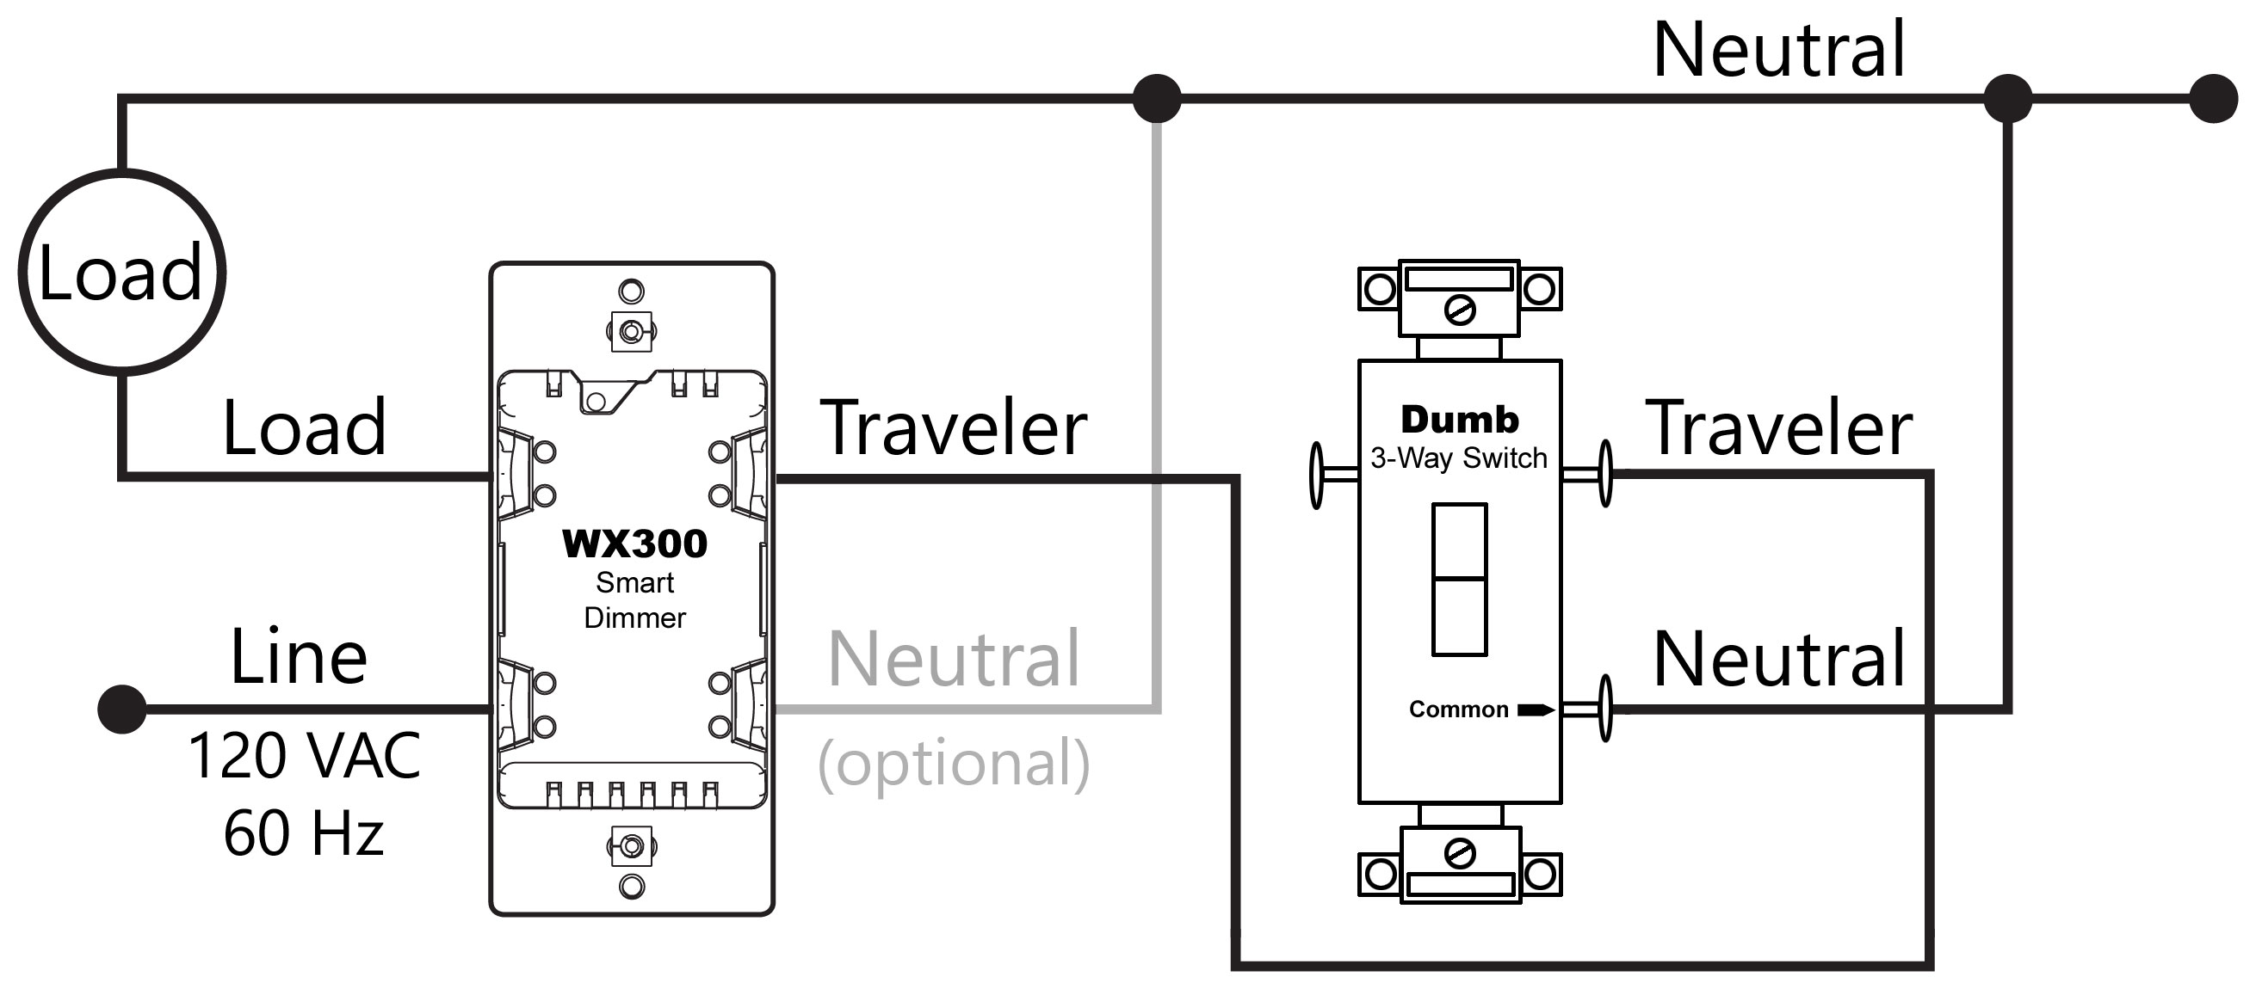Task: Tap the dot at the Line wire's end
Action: pos(121,709)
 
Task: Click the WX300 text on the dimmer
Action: pos(634,544)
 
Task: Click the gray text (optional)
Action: pos(954,763)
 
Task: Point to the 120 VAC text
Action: pos(304,755)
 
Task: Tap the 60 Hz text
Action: pos(303,832)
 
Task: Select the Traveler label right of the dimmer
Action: pos(954,427)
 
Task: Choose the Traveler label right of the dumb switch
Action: pos(1779,427)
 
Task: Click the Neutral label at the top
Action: pos(1778,49)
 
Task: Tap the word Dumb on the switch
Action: pos(1460,419)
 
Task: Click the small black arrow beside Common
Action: pos(1536,709)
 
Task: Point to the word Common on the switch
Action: pos(1458,709)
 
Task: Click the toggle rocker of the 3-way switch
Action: pos(1459,580)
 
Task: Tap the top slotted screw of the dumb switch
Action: pos(1460,310)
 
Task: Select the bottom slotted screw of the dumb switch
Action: pos(1460,853)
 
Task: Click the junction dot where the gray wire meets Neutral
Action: pos(1157,98)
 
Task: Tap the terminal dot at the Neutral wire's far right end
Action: pos(2214,98)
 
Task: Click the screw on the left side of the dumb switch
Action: pos(1316,475)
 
